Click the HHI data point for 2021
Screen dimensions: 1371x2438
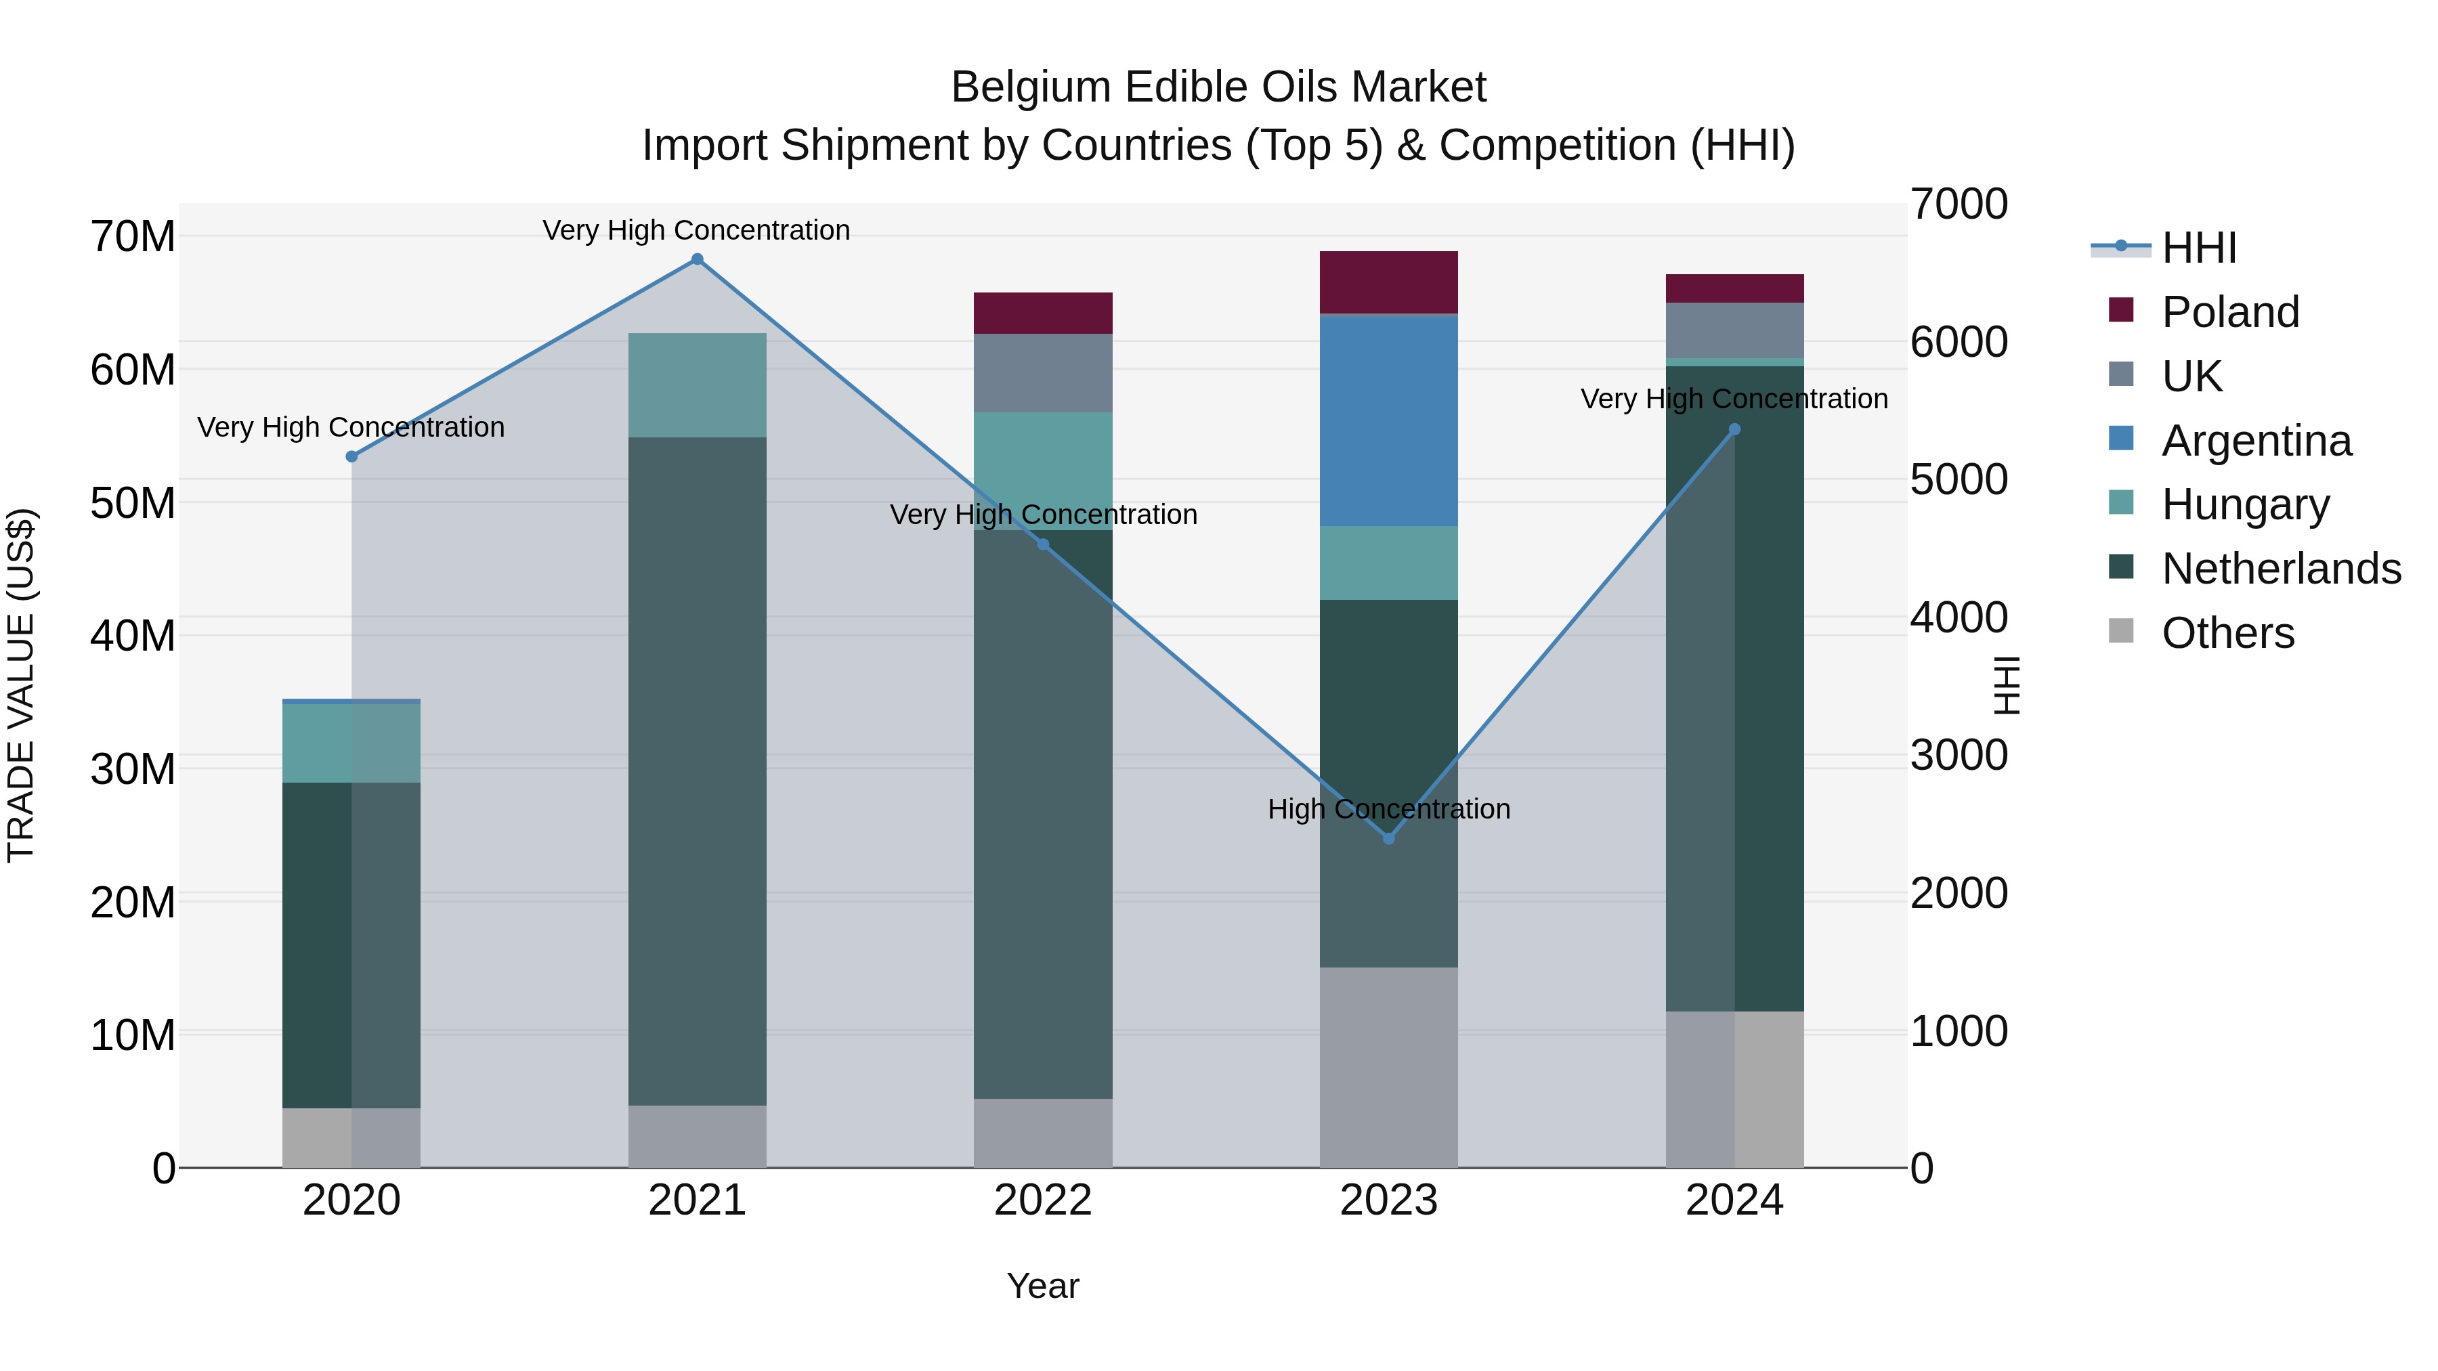click(x=698, y=259)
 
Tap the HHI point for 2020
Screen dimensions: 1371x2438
click(x=352, y=457)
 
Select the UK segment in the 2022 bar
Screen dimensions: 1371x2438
click(x=1043, y=373)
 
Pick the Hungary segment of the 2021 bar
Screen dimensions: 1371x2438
click(x=698, y=385)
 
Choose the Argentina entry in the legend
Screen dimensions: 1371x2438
click(x=2257, y=441)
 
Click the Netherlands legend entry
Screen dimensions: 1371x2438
click(x=2281, y=569)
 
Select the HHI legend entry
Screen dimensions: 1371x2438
click(x=2198, y=248)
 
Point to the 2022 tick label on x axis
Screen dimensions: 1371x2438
click(x=1043, y=1200)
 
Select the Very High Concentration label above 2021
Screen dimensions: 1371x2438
click(x=697, y=230)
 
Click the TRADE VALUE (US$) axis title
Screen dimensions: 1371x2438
click(x=21, y=685)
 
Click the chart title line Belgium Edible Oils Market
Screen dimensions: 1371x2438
click(x=1218, y=87)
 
